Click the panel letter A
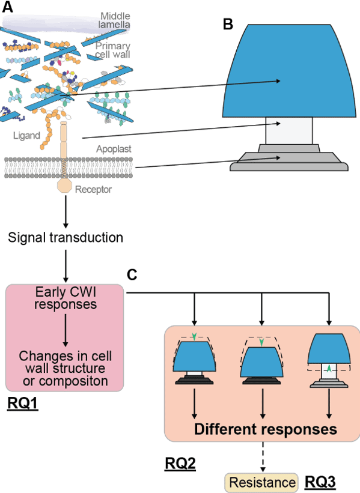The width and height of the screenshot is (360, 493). click(x=8, y=7)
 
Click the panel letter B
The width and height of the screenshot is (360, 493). click(x=228, y=24)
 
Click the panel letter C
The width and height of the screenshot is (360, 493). click(x=132, y=274)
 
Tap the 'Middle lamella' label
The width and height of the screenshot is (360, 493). click(x=115, y=20)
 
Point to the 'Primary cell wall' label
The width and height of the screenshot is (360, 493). click(x=112, y=50)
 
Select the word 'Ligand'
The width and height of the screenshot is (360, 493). click(x=27, y=136)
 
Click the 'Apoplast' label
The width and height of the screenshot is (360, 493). click(x=114, y=149)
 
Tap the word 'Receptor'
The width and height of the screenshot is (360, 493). click(x=93, y=189)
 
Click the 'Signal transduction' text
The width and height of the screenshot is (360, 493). click(x=66, y=237)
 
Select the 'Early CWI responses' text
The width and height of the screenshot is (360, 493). click(x=66, y=298)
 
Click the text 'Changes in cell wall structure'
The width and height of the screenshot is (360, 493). click(x=65, y=362)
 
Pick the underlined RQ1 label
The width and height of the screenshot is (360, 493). click(x=23, y=404)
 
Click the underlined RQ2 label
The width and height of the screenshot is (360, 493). click(x=180, y=464)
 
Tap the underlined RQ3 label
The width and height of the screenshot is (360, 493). click(x=320, y=482)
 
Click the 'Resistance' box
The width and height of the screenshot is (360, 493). click(x=261, y=482)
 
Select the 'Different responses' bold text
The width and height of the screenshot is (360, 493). click(x=266, y=429)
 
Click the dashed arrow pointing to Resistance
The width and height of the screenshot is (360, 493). click(x=263, y=457)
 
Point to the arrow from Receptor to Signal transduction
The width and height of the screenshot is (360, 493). click(x=66, y=211)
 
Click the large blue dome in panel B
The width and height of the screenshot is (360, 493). click(x=289, y=71)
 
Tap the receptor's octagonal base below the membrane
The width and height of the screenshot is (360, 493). click(x=64, y=186)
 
